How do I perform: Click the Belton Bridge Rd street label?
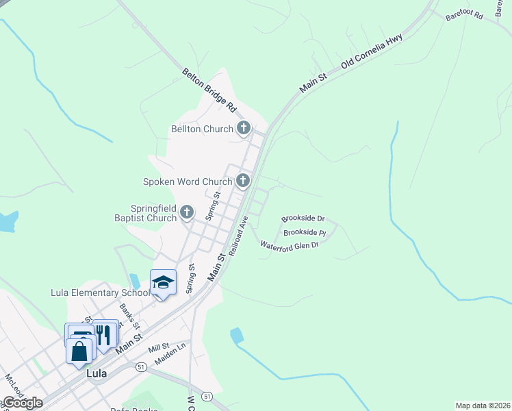pyautogui.click(x=209, y=90)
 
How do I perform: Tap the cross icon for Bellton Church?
pyautogui.click(x=244, y=128)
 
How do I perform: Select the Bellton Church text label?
pyautogui.click(x=203, y=129)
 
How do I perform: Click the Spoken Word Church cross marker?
pyautogui.click(x=242, y=182)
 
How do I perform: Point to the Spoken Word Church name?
pyautogui.click(x=188, y=182)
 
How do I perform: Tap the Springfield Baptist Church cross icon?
pyautogui.click(x=187, y=214)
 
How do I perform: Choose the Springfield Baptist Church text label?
pyautogui.click(x=154, y=214)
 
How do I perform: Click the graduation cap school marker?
pyautogui.click(x=163, y=283)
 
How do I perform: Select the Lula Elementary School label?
pyautogui.click(x=100, y=292)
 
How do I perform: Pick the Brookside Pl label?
pyautogui.click(x=305, y=232)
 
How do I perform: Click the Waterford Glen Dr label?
pyautogui.click(x=290, y=245)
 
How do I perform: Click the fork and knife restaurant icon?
pyautogui.click(x=103, y=335)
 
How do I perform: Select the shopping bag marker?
pyautogui.click(x=79, y=350)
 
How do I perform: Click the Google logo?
pyautogui.click(x=22, y=403)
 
